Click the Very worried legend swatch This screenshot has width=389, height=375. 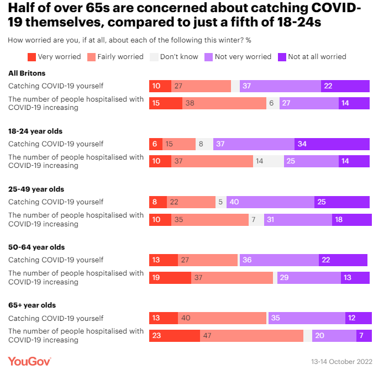pyautogui.click(x=31, y=56)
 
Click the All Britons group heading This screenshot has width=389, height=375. pyautogui.click(x=27, y=73)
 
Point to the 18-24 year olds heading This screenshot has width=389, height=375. pyautogui.click(x=35, y=131)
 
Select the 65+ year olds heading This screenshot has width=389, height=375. pyautogui.click(x=32, y=305)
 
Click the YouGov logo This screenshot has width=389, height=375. pyautogui.click(x=29, y=361)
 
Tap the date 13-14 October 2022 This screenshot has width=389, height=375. pyautogui.click(x=341, y=362)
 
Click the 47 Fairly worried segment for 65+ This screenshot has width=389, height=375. pyautogui.click(x=251, y=336)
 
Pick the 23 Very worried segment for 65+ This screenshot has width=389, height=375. pyautogui.click(x=175, y=336)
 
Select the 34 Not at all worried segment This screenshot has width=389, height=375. pyautogui.click(x=332, y=144)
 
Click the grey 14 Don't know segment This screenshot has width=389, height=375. pyautogui.click(x=269, y=161)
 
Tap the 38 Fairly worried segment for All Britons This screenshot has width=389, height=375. pyautogui.click(x=224, y=103)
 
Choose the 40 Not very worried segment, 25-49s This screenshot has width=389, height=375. pyautogui.click(x=270, y=202)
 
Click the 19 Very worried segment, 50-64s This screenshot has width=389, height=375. pyautogui.click(x=170, y=278)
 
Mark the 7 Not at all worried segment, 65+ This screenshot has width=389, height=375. pyautogui.click(x=364, y=336)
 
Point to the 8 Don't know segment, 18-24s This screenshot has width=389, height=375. pyautogui.click(x=204, y=144)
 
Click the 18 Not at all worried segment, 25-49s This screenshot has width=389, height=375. pyautogui.click(x=351, y=220)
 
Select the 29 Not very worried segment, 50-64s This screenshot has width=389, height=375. pyautogui.click(x=309, y=278)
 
